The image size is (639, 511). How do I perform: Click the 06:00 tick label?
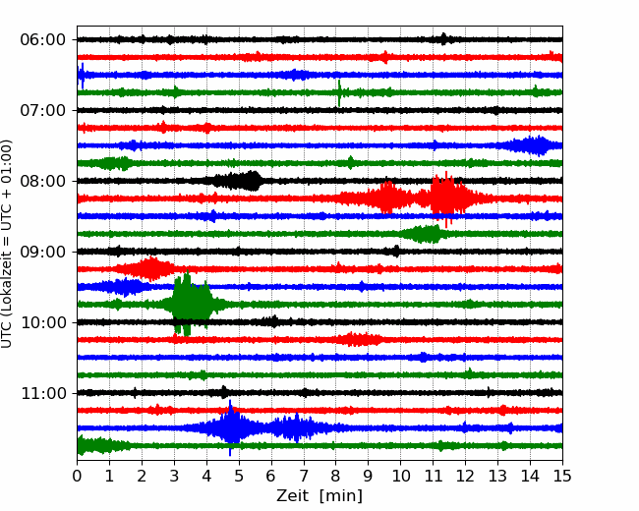[x=43, y=40]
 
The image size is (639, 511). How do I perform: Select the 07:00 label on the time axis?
[x=43, y=110]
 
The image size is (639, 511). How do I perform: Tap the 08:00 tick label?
[x=43, y=181]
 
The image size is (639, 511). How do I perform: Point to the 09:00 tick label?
[x=43, y=252]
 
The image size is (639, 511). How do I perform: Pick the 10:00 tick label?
[x=43, y=322]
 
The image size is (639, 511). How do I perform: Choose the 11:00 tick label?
[x=43, y=393]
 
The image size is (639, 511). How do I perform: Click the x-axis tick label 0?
[x=77, y=476]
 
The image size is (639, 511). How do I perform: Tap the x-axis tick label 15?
[x=562, y=476]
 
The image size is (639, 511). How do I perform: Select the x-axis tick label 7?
[x=304, y=476]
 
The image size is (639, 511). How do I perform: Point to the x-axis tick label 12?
[x=465, y=476]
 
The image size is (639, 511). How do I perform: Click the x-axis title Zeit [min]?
[x=319, y=496]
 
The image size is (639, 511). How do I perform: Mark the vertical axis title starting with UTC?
[x=7, y=244]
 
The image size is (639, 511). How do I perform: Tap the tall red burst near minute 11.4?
[x=446, y=199]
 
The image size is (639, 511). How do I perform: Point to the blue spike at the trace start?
[x=82, y=76]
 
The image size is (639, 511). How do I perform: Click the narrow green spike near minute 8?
[x=339, y=93]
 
